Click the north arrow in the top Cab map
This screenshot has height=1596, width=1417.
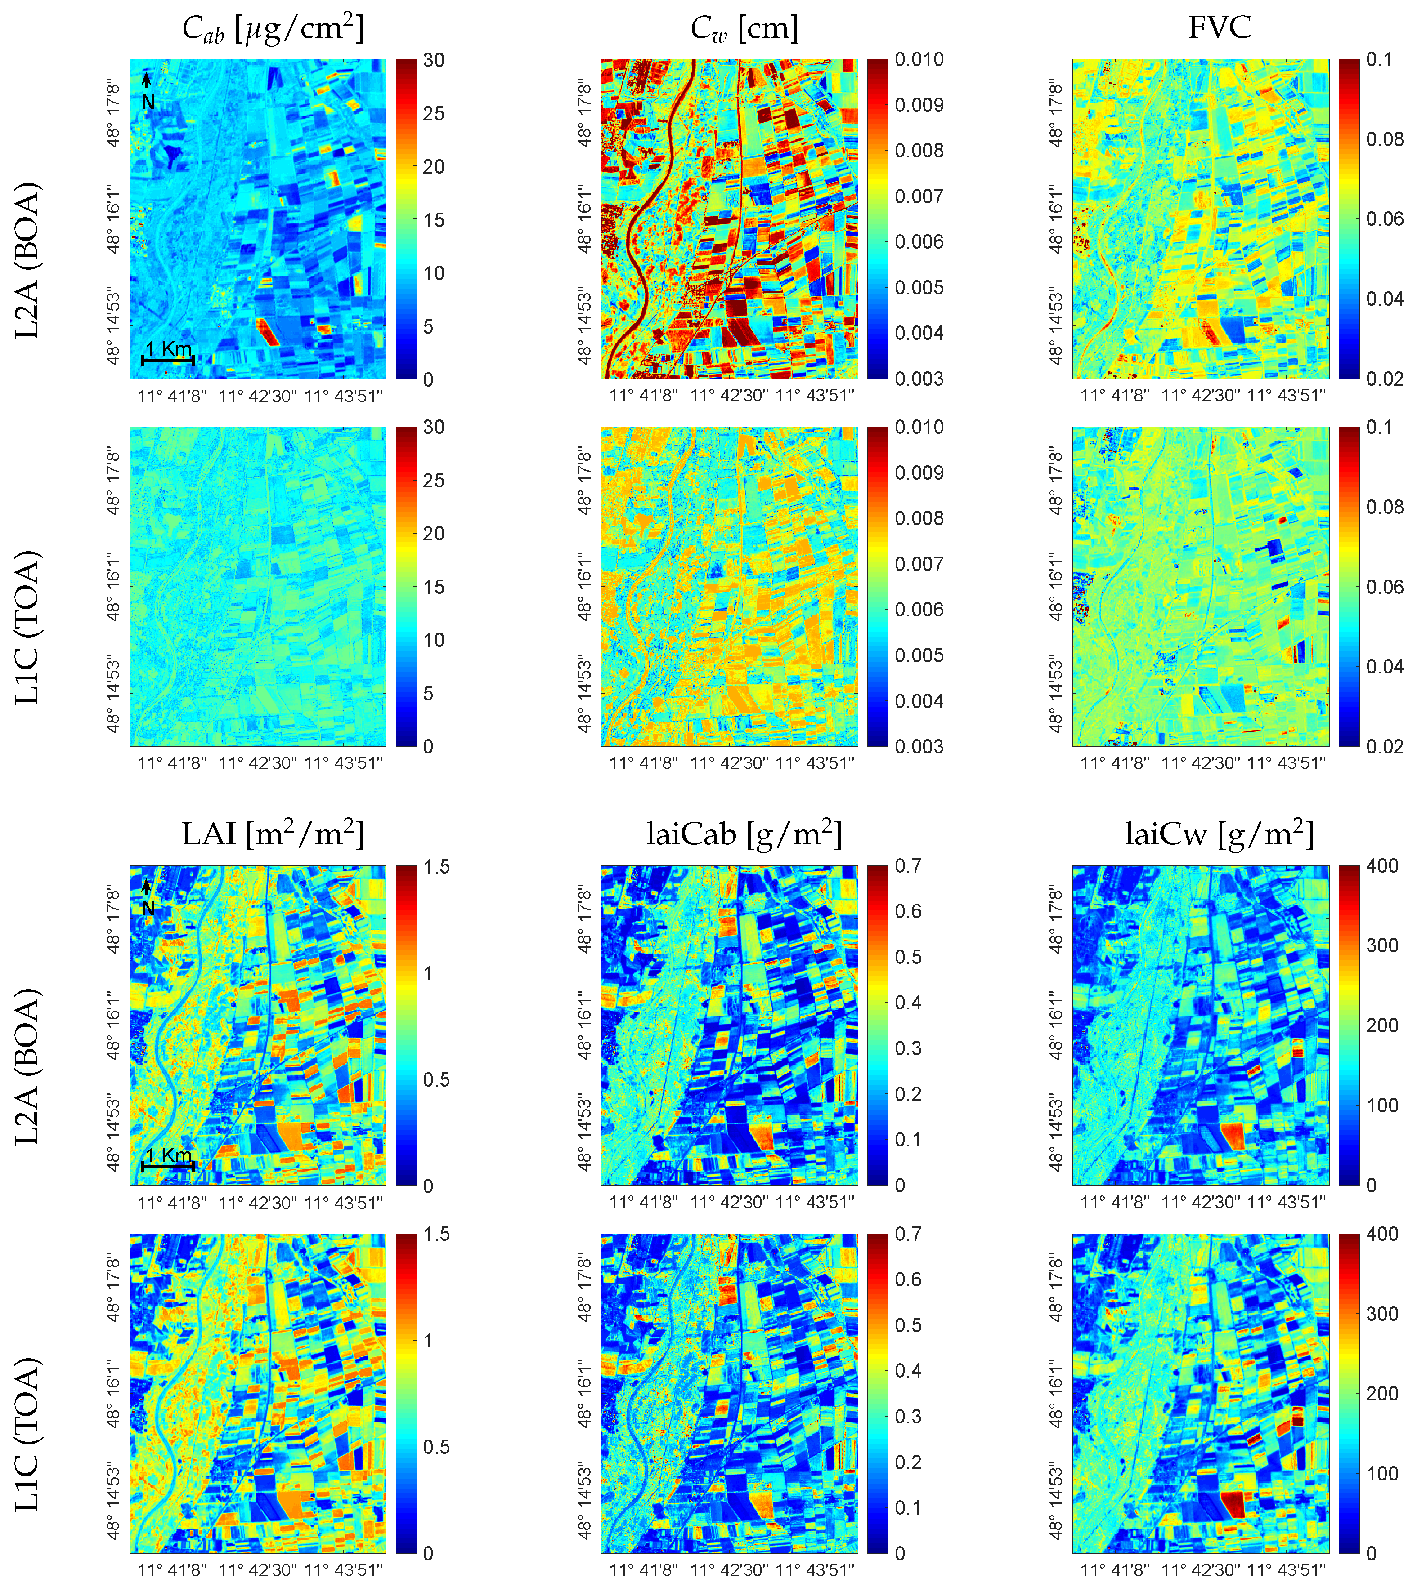(x=146, y=81)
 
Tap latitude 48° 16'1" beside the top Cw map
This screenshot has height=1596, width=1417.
(x=584, y=218)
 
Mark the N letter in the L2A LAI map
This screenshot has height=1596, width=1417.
(x=148, y=908)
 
